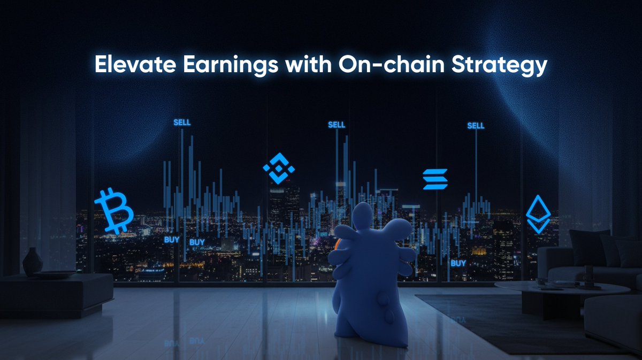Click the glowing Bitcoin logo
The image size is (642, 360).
tap(113, 210)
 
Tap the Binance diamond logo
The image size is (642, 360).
tap(279, 168)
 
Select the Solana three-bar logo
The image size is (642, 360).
tap(434, 179)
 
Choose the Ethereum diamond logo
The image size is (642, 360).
tap(538, 214)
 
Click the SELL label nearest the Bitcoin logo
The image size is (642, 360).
tap(182, 122)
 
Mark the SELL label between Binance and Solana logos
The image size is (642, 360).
tap(337, 125)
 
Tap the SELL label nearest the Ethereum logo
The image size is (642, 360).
tap(476, 126)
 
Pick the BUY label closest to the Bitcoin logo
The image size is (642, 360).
tap(172, 240)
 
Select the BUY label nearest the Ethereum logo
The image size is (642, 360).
tap(458, 263)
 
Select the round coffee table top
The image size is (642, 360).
tap(562, 287)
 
